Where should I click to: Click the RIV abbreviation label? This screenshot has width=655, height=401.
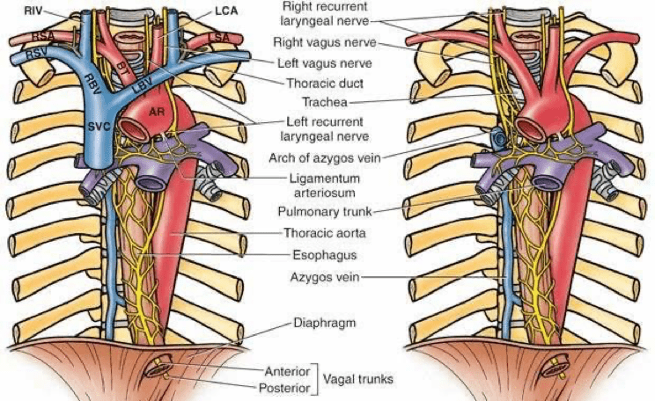coord(33,11)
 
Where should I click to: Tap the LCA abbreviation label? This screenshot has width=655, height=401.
coord(226,11)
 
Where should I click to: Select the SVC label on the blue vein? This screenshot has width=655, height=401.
coord(99,126)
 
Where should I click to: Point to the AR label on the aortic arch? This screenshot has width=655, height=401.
coord(157,112)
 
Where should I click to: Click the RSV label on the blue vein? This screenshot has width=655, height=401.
coord(37,55)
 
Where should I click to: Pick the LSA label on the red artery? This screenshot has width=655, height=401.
coord(219,38)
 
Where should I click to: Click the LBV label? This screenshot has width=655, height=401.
coord(144,86)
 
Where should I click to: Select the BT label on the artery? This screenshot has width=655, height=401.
coord(122,69)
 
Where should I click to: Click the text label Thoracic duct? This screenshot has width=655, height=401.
coord(325,83)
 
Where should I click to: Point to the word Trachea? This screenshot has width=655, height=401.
coord(325,102)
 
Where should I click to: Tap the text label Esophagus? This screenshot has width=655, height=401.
coord(325,255)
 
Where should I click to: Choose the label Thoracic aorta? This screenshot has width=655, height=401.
coord(325,233)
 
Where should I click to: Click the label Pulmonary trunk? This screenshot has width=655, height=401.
coord(325,212)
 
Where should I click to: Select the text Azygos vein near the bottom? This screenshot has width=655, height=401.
coord(325,277)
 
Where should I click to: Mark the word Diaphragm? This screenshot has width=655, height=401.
coord(325,323)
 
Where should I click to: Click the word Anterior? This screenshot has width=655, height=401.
coord(287,371)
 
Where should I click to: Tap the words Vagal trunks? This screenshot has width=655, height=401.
coord(358,379)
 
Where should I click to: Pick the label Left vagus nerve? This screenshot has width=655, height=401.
coord(325,63)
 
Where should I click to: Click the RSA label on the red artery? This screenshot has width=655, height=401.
coord(43,37)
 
